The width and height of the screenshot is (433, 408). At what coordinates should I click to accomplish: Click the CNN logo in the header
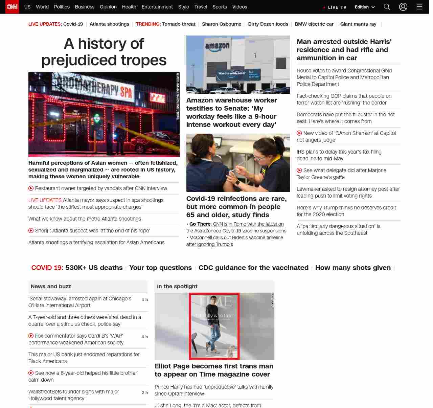(x=12, y=7)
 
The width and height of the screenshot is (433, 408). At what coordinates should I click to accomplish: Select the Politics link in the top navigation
(x=62, y=7)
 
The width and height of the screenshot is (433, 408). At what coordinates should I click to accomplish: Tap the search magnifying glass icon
(x=387, y=7)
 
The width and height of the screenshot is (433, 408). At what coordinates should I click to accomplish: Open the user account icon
(x=403, y=7)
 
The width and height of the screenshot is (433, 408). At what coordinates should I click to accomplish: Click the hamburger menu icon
(x=419, y=7)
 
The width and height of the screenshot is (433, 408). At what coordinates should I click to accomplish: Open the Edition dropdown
(x=365, y=7)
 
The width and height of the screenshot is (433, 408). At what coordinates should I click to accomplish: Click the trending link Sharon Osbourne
(x=222, y=24)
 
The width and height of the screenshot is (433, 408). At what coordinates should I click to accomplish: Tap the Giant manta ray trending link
(x=358, y=24)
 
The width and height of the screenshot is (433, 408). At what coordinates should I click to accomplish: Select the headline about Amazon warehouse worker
(x=231, y=112)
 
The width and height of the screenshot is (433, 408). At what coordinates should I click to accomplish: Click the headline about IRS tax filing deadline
(x=339, y=155)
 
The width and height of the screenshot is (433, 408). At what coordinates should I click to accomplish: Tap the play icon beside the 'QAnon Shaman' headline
(x=299, y=133)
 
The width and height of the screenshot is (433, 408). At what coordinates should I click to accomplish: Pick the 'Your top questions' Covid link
(x=160, y=268)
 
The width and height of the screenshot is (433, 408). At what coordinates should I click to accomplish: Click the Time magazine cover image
(x=214, y=326)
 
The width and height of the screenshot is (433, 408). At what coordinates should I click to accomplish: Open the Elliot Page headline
(x=214, y=370)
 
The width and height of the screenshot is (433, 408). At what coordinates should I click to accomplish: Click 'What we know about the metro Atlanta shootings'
(x=85, y=219)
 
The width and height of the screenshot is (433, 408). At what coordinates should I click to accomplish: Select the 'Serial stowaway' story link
(x=80, y=302)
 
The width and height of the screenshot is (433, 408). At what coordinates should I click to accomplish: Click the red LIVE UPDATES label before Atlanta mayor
(x=45, y=200)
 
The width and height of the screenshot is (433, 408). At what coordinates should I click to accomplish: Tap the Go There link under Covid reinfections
(x=200, y=224)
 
